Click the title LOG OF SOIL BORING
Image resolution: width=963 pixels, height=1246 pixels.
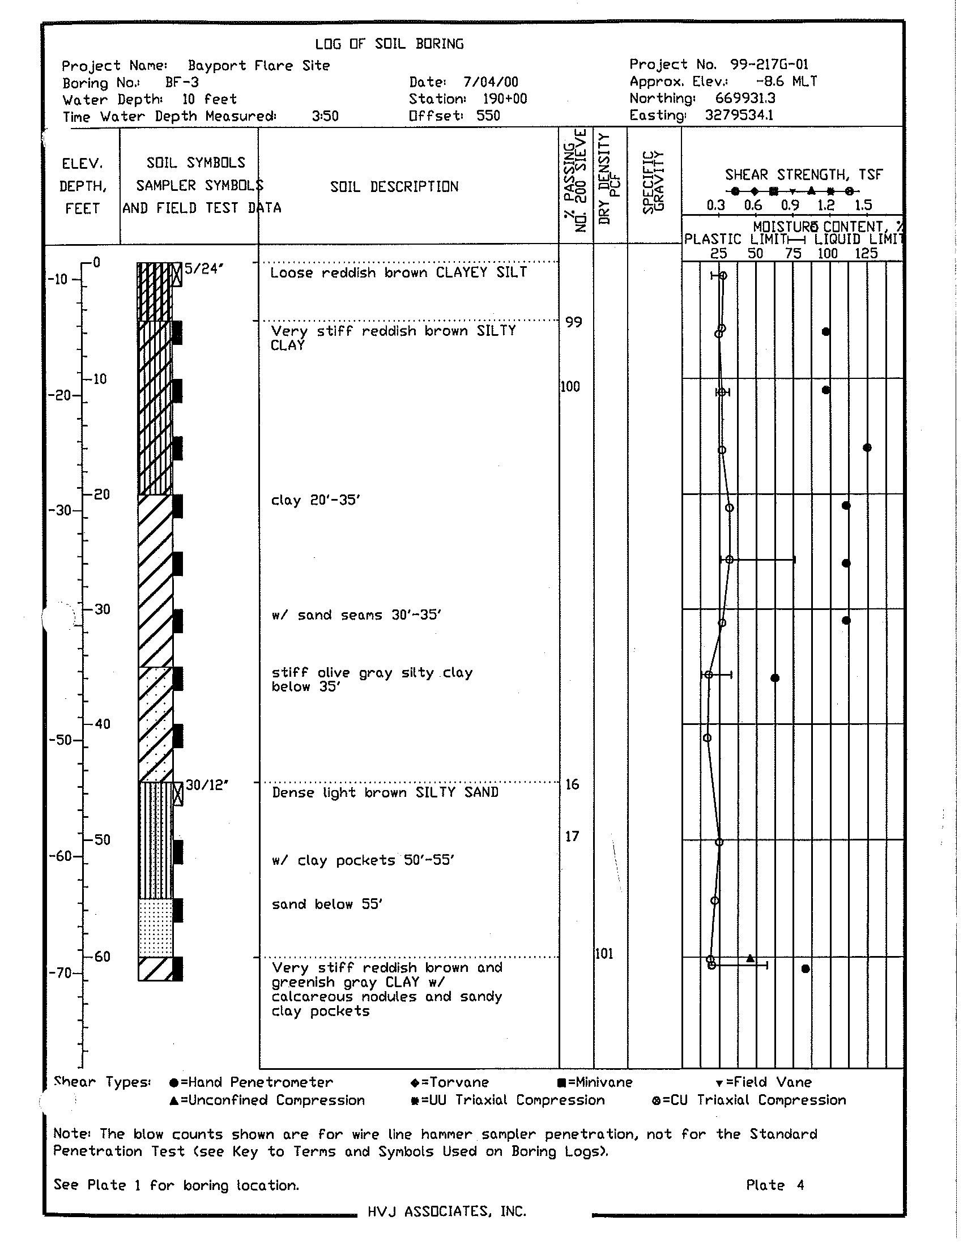click(389, 44)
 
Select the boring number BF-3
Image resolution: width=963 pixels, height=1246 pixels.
click(182, 83)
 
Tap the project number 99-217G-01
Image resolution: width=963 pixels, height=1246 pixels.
click(769, 65)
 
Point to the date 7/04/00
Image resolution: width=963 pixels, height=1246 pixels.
click(491, 82)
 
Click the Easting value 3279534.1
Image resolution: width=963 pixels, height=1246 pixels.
click(739, 115)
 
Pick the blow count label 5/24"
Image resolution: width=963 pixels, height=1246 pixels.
click(203, 268)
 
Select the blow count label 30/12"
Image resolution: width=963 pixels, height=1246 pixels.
click(207, 785)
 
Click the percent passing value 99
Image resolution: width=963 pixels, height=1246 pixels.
click(574, 322)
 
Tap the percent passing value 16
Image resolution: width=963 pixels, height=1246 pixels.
click(572, 784)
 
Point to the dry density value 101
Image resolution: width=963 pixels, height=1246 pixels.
click(604, 953)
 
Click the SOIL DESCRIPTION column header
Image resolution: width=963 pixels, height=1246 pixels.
click(394, 186)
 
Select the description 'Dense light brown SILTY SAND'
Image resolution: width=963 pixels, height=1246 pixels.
click(385, 792)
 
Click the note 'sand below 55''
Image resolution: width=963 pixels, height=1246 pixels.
click(327, 904)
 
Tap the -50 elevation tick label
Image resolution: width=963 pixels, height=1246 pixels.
click(59, 740)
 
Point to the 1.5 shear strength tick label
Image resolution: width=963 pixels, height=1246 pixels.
click(863, 206)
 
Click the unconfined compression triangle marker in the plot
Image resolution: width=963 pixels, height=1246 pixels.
click(751, 958)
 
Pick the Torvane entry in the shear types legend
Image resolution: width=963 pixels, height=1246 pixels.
click(450, 1082)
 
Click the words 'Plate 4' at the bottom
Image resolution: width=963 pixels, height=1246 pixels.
click(775, 1185)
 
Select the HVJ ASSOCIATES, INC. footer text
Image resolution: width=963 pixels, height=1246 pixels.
click(447, 1211)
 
